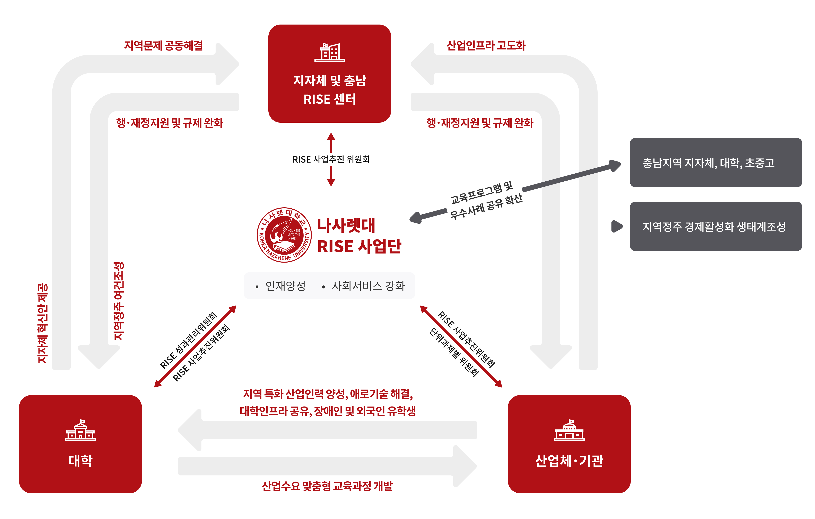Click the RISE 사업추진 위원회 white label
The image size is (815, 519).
click(x=331, y=159)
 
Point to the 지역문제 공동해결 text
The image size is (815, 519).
click(x=164, y=46)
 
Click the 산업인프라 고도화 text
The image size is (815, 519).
click(x=486, y=46)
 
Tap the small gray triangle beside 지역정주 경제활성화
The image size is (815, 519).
click(x=617, y=226)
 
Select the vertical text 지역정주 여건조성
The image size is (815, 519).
click(x=119, y=301)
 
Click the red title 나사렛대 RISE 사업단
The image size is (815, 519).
click(x=359, y=236)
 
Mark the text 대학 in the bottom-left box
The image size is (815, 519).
click(x=80, y=461)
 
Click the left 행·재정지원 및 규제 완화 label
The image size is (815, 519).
click(x=170, y=123)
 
